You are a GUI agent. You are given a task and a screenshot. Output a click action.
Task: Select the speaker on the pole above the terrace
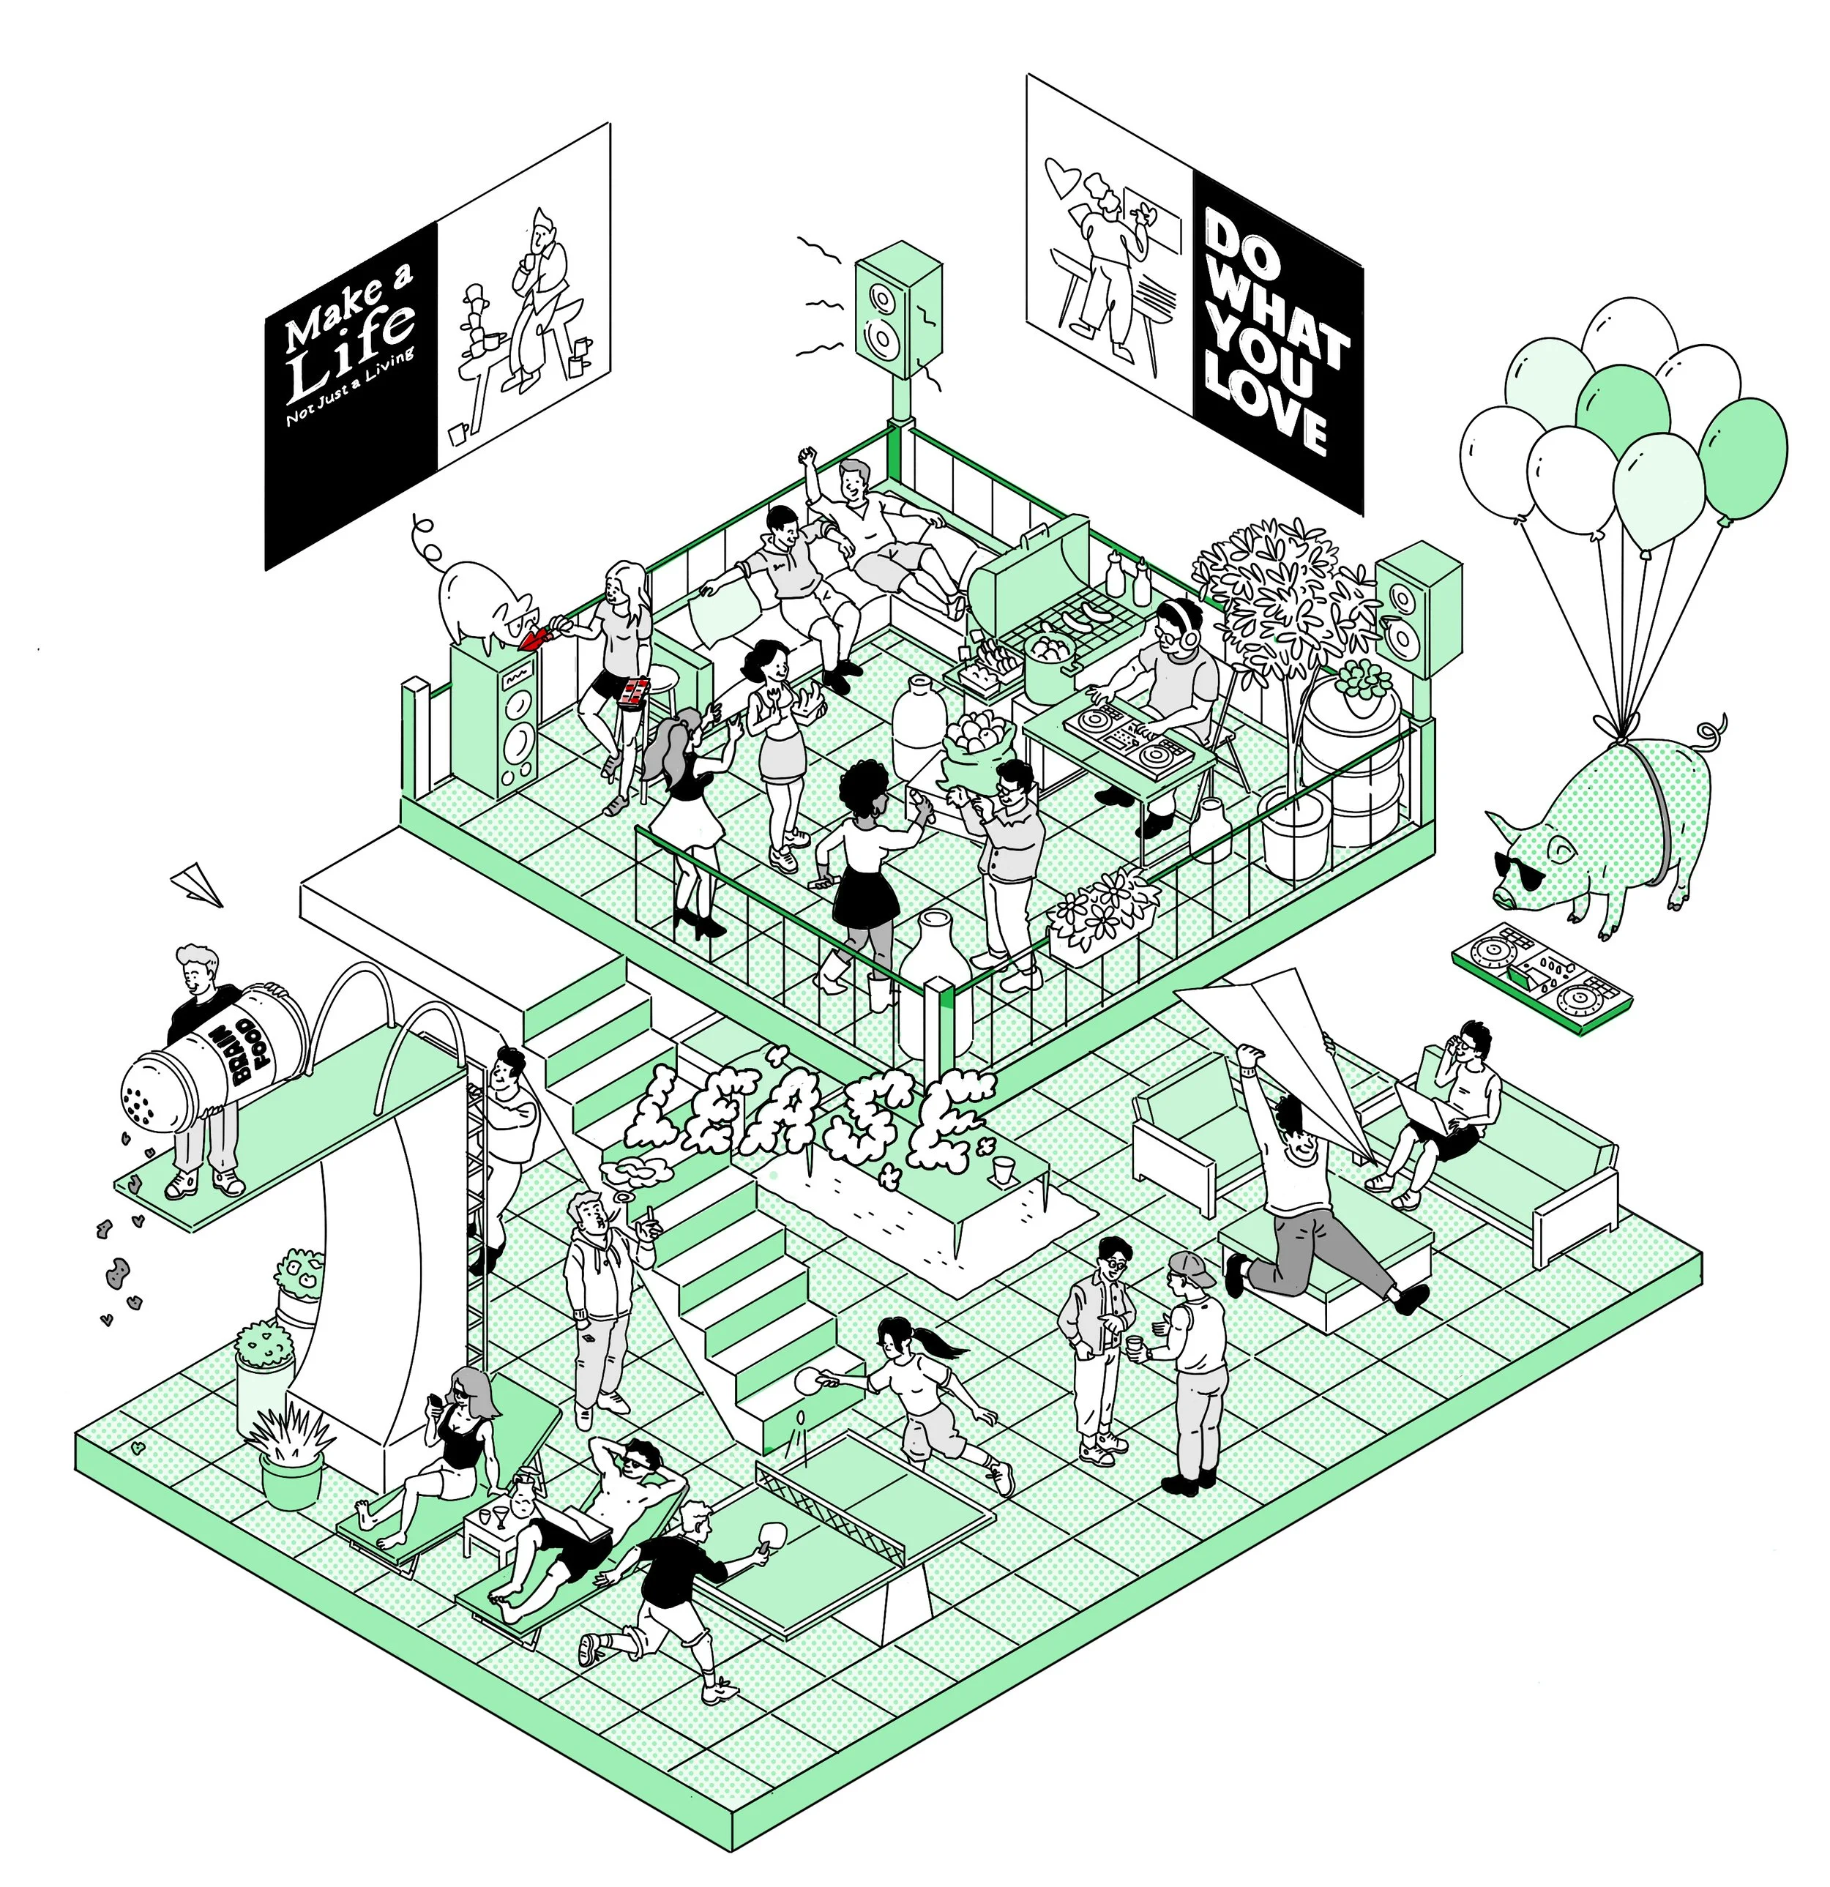(x=898, y=310)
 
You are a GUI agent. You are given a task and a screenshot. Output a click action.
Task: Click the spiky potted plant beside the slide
(x=291, y=1444)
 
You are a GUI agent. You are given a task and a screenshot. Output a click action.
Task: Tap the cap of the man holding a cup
(x=1187, y=1266)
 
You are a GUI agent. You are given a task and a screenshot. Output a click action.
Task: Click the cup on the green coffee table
(x=1003, y=1170)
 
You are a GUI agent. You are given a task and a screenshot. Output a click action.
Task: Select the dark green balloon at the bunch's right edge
(x=1742, y=457)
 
